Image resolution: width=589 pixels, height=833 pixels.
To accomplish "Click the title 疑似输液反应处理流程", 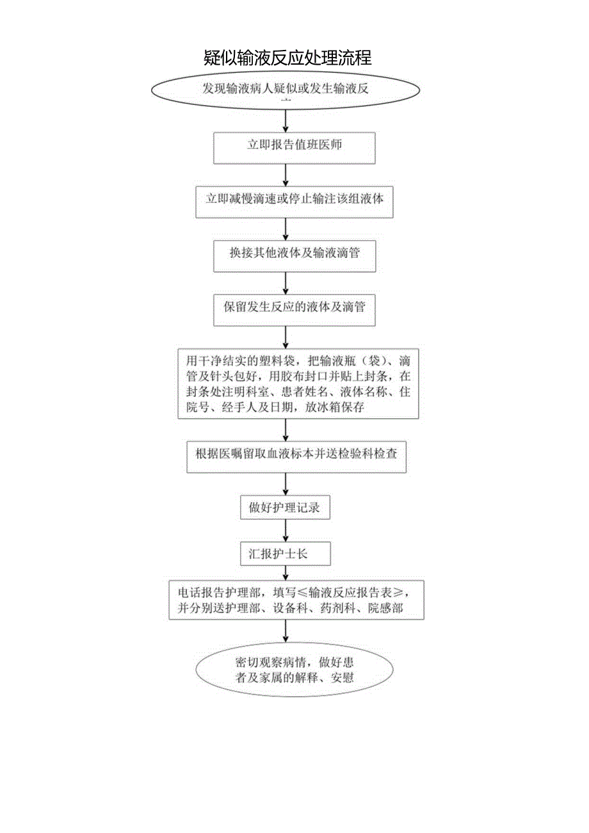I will coord(287,58).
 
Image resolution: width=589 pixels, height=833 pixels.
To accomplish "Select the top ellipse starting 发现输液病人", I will coord(286,92).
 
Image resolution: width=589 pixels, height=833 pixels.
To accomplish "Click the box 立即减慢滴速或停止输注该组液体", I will coord(294,199).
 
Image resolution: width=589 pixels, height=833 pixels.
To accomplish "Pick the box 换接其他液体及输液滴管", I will coord(294,253).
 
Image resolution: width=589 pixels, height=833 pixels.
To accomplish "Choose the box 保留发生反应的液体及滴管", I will coord(294,307).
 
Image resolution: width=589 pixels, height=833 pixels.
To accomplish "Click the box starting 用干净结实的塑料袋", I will coord(298,382).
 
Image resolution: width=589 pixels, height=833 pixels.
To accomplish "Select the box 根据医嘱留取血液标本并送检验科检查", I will coord(296,455).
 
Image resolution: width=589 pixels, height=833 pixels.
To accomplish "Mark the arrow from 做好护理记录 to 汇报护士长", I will coord(286,531).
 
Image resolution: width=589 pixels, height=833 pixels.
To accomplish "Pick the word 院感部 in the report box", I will coord(385,608).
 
